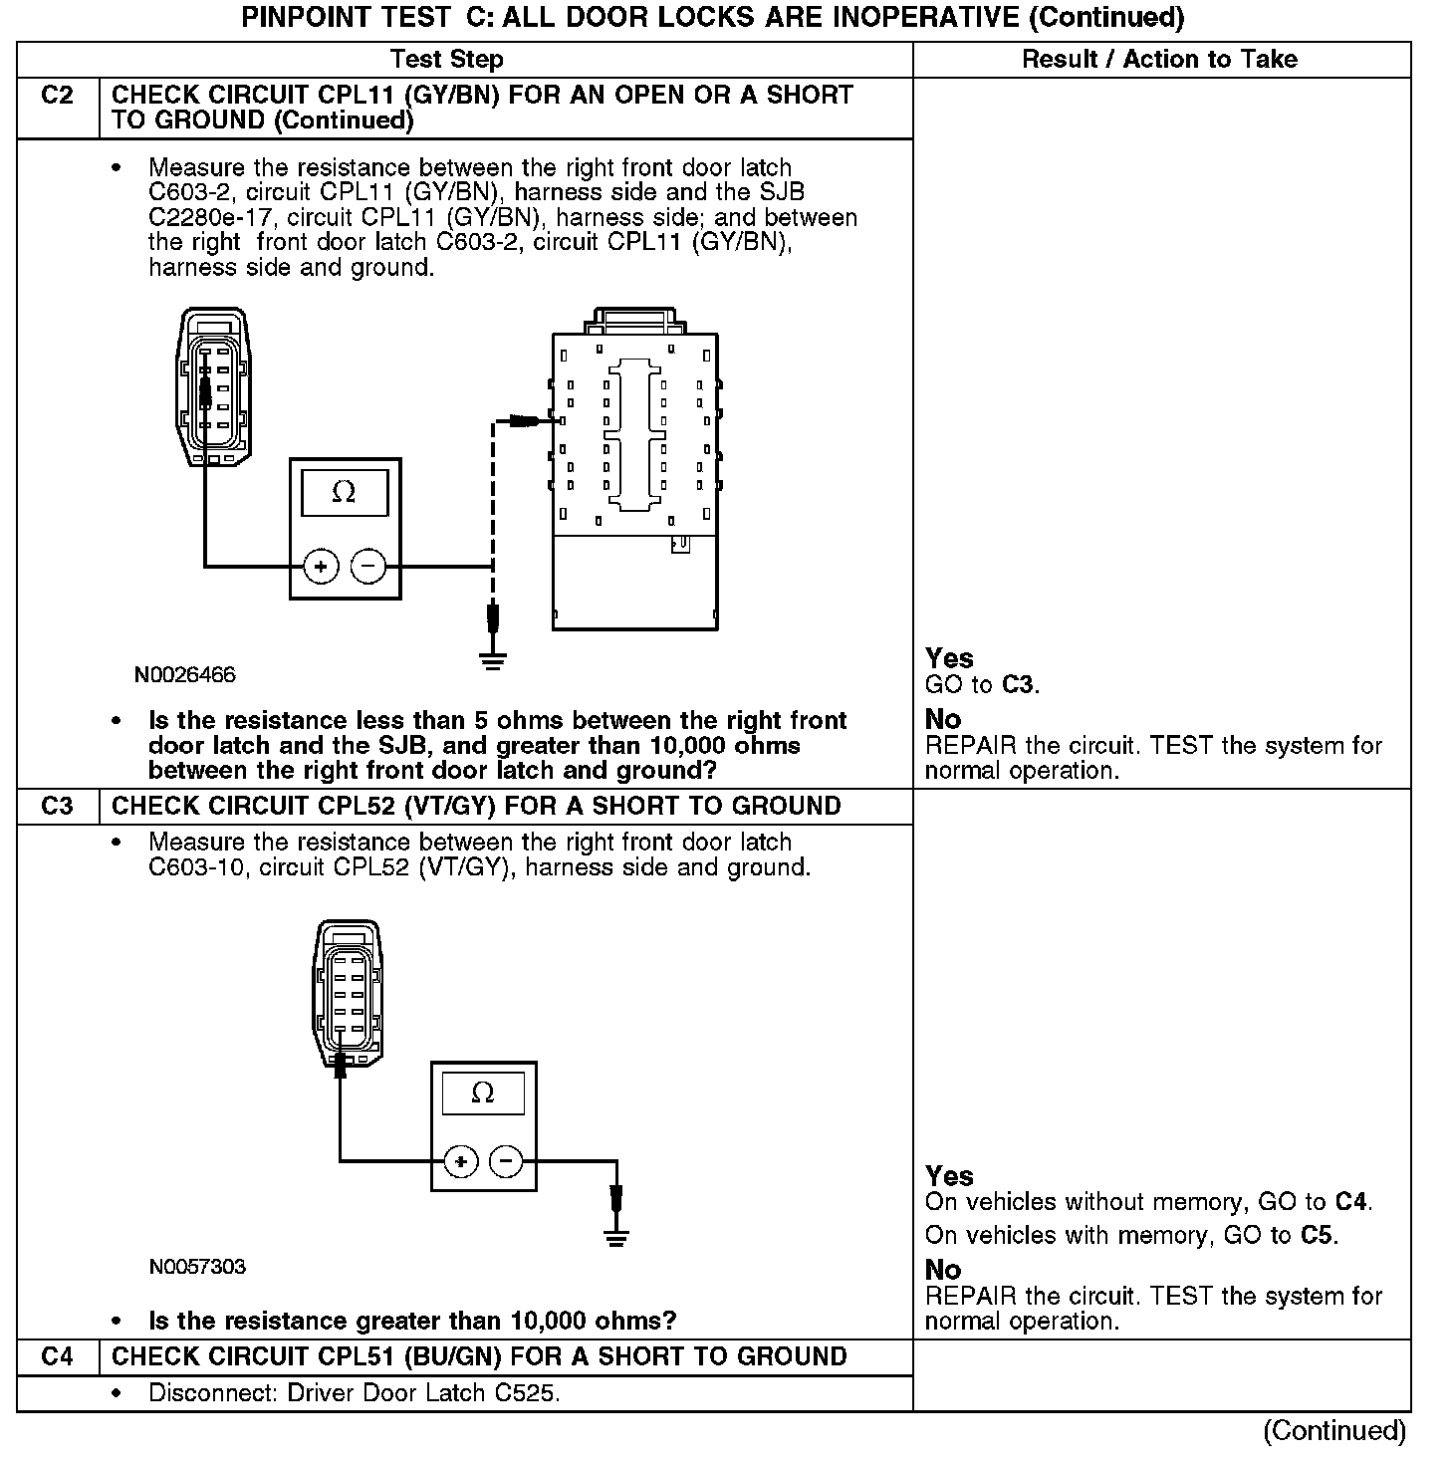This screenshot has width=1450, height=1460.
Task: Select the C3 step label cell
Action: (58, 806)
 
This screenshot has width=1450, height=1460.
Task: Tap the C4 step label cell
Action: (58, 1356)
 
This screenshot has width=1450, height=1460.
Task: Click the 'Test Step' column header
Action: (446, 60)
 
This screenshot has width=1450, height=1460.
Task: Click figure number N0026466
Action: (185, 675)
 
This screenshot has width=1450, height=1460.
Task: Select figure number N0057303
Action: (197, 1267)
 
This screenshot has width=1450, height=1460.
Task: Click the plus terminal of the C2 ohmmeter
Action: (321, 568)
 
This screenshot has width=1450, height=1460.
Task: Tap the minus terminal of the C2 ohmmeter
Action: (368, 568)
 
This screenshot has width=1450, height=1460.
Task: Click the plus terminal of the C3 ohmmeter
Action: (460, 1161)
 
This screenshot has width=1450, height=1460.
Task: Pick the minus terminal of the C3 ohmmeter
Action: (507, 1161)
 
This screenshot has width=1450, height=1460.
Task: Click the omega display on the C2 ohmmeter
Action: (345, 492)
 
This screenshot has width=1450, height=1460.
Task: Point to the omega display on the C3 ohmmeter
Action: (483, 1094)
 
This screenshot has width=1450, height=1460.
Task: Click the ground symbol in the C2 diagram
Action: (492, 659)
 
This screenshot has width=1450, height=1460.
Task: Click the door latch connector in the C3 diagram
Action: (348, 996)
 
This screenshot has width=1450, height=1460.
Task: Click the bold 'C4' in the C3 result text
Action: (1350, 1201)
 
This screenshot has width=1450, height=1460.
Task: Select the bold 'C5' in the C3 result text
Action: (1317, 1235)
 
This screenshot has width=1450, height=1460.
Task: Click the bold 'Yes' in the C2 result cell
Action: (949, 658)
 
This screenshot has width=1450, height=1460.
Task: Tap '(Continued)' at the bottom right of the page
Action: (1334, 1430)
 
